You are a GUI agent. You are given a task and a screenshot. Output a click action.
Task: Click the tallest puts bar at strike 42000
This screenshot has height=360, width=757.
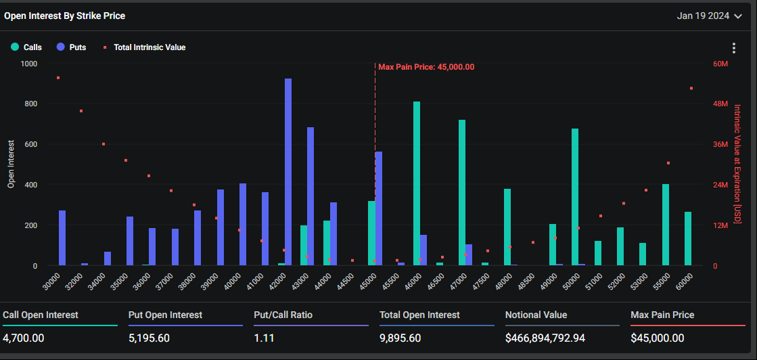click(x=288, y=172)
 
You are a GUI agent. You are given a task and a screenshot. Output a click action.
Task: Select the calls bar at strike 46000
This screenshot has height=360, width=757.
click(x=417, y=183)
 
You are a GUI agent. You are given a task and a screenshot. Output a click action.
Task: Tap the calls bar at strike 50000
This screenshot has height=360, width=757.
click(x=575, y=197)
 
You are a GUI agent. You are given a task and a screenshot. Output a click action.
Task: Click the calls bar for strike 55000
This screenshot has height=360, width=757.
click(x=666, y=225)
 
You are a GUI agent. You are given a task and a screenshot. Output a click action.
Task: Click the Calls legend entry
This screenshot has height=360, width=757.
click(x=27, y=47)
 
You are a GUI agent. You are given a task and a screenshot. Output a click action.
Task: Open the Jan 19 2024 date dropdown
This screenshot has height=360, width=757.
click(x=709, y=16)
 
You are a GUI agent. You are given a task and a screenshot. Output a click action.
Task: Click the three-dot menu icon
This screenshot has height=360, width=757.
click(x=734, y=48)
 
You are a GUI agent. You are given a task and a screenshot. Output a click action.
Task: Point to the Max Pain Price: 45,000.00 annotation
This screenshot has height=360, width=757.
click(x=426, y=67)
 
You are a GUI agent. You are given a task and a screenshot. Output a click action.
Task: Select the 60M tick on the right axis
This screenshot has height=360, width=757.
click(x=720, y=64)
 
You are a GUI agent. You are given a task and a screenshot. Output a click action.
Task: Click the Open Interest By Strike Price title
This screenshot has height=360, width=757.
click(x=65, y=16)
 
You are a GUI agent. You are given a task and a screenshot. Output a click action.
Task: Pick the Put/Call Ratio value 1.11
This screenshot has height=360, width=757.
click(x=264, y=338)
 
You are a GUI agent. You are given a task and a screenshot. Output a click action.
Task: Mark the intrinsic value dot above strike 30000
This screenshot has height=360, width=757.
click(x=58, y=78)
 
